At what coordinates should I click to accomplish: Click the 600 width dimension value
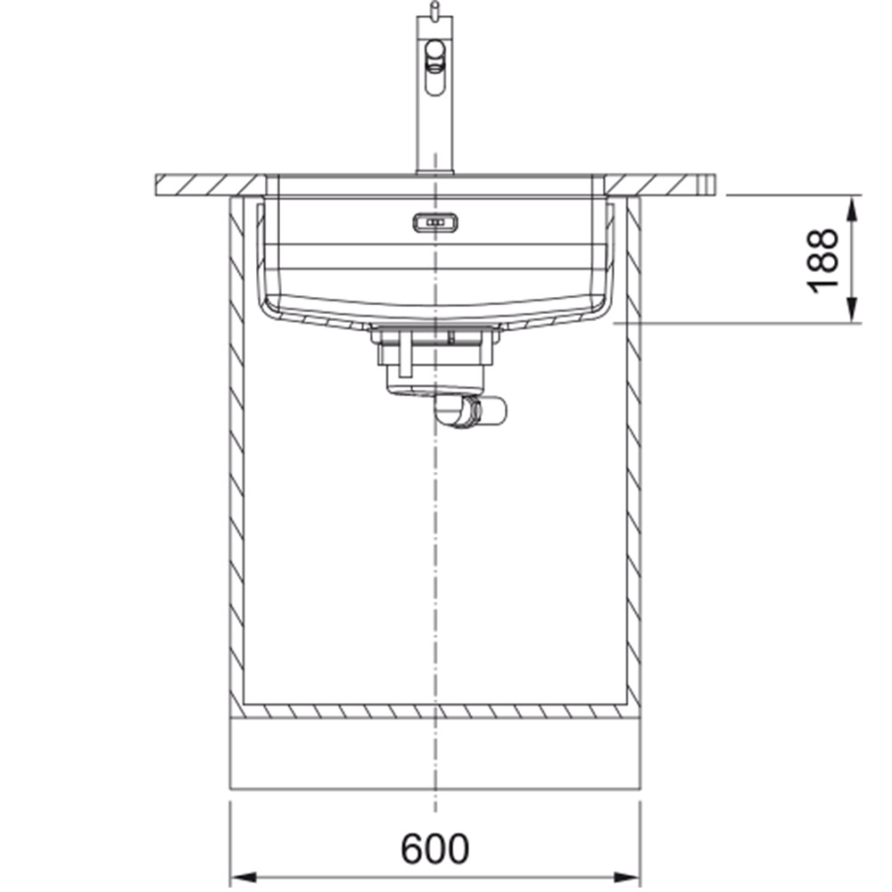click(435, 849)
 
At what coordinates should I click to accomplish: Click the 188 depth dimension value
click(823, 260)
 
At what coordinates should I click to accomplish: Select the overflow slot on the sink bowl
click(435, 223)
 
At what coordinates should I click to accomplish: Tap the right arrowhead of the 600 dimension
click(626, 877)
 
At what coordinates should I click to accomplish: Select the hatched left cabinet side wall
click(236, 455)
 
